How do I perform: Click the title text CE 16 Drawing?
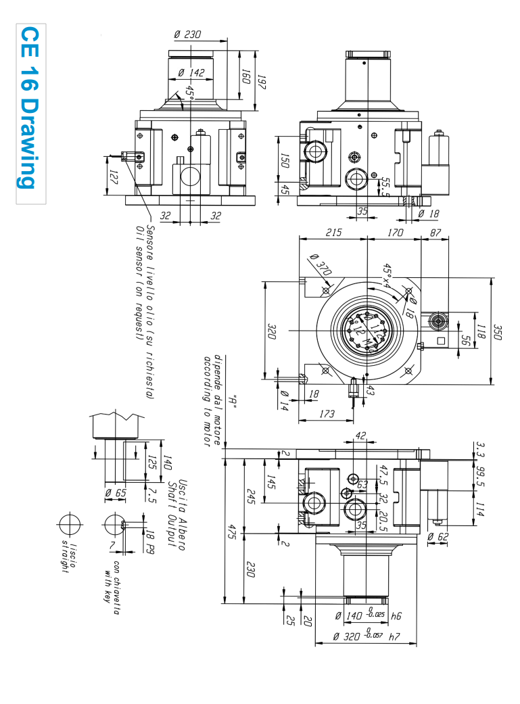pos(28,108)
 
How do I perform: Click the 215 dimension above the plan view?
pos(333,233)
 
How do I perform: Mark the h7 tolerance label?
pos(394,636)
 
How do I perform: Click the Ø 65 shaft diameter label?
pos(116,493)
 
